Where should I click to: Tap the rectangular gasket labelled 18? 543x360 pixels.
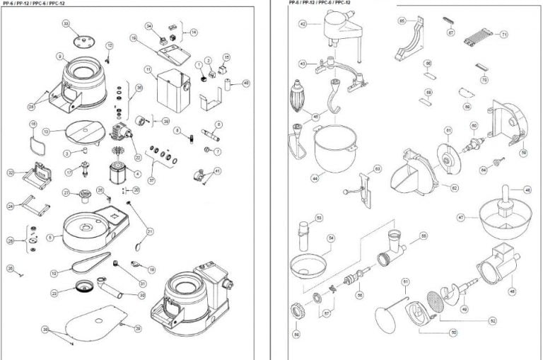point(35,138)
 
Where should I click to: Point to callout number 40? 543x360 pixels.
point(245,83)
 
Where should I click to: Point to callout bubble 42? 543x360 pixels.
point(302,23)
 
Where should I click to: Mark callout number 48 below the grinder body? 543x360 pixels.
point(512,291)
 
